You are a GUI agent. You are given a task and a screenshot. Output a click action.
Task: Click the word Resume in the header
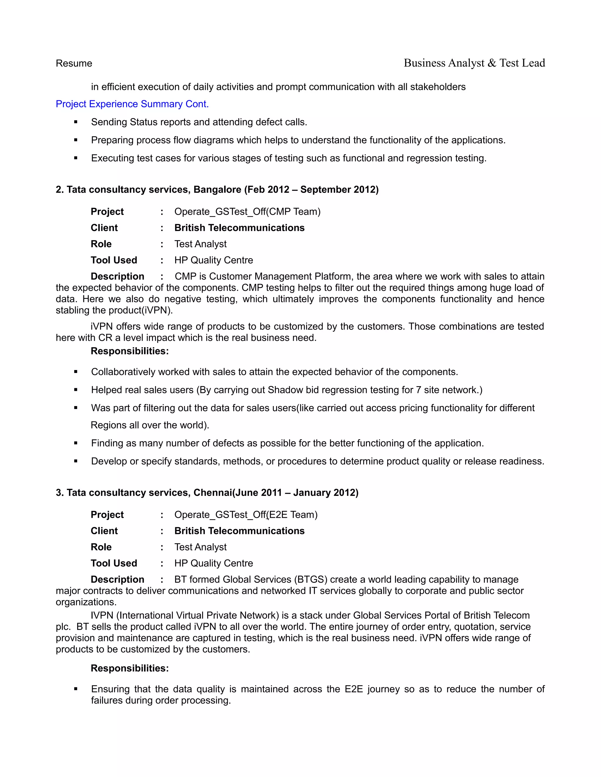click(74, 63)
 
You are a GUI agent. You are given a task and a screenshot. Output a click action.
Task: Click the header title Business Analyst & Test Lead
click(474, 63)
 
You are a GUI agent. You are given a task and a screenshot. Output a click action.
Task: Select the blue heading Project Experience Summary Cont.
click(132, 104)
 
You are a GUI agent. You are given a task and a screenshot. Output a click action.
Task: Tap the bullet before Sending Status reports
click(76, 122)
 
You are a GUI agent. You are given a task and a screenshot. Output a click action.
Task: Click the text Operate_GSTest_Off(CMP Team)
click(247, 212)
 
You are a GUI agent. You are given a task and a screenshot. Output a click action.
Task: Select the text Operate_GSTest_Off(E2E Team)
click(246, 515)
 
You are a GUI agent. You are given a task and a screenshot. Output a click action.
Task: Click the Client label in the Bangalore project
click(104, 228)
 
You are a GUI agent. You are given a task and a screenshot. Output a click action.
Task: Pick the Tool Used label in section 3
click(114, 563)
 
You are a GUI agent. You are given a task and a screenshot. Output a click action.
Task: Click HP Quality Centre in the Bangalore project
click(213, 260)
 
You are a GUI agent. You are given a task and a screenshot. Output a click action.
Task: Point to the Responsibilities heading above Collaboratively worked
click(130, 351)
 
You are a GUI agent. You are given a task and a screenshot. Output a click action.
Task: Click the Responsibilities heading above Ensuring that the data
click(130, 668)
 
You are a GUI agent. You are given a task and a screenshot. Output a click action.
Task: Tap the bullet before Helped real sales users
click(76, 390)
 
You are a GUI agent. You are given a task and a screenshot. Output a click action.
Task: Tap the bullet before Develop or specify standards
click(76, 461)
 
